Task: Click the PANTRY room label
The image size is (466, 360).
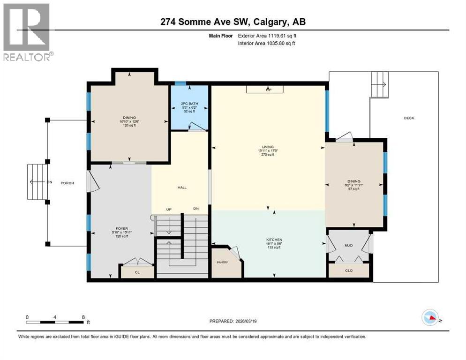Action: pyautogui.click(x=223, y=262)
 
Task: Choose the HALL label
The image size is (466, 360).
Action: pyautogui.click(x=182, y=187)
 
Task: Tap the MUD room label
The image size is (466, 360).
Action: pyautogui.click(x=349, y=245)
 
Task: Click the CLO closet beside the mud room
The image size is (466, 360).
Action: pyautogui.click(x=349, y=270)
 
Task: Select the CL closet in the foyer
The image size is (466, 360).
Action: pyautogui.click(x=137, y=271)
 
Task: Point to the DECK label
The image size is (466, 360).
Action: pyautogui.click(x=409, y=118)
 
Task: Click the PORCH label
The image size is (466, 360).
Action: pyautogui.click(x=68, y=183)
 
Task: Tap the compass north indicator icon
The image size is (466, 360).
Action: pyautogui.click(x=431, y=319)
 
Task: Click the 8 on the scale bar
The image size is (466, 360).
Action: pyautogui.click(x=83, y=317)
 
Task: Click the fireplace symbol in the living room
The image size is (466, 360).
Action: pyautogui.click(x=269, y=89)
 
